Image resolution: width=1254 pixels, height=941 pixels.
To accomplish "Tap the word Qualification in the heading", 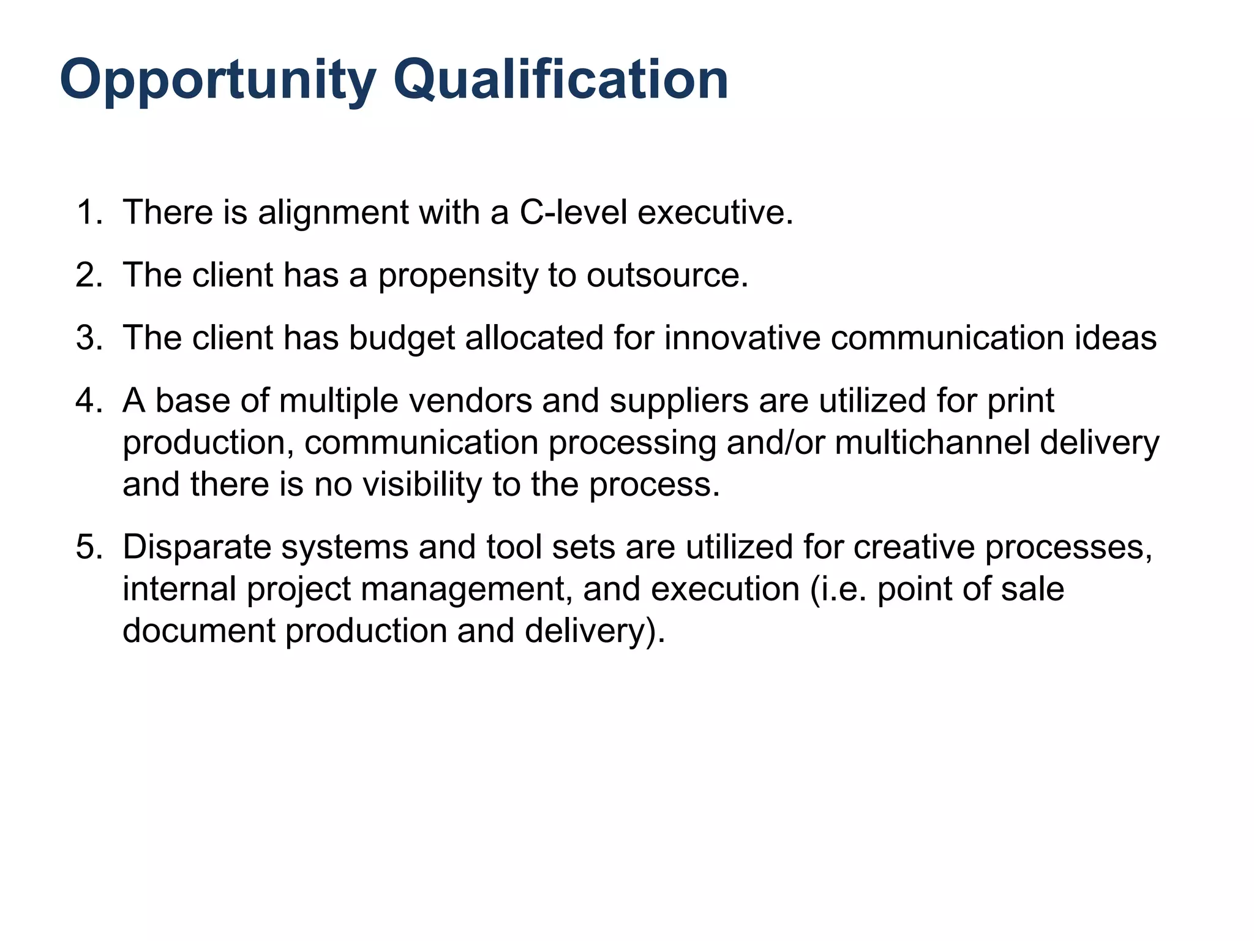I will pos(560,80).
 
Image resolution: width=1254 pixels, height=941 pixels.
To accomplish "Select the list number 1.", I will pos(89,213).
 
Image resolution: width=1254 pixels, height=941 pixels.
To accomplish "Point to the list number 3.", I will pos(89,338).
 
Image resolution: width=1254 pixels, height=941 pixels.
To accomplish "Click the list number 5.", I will pos(89,547).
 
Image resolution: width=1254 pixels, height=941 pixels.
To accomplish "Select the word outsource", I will pos(667,276).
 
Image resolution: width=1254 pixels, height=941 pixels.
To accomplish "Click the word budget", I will pos(402,338).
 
